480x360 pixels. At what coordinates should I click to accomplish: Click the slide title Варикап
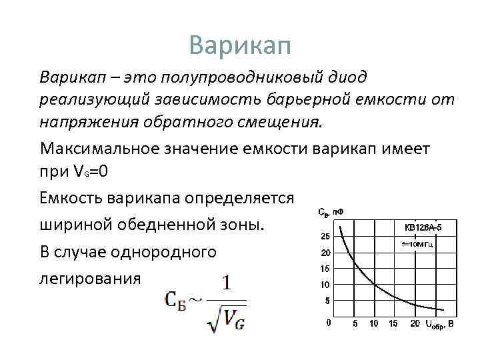point(240,45)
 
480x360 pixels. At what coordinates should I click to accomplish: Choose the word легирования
point(91,278)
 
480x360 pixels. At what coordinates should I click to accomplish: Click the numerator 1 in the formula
point(227,284)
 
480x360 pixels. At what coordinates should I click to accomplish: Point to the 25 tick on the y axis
point(325,237)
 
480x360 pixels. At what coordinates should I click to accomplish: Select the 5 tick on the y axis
point(327,301)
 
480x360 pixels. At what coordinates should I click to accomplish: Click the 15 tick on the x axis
point(393,325)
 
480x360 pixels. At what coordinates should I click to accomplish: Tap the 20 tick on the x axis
point(414,325)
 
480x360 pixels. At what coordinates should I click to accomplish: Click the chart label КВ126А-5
point(423,227)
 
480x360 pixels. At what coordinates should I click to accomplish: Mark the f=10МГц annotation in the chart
point(417,245)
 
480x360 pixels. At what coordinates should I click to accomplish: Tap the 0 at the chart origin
point(327,324)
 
